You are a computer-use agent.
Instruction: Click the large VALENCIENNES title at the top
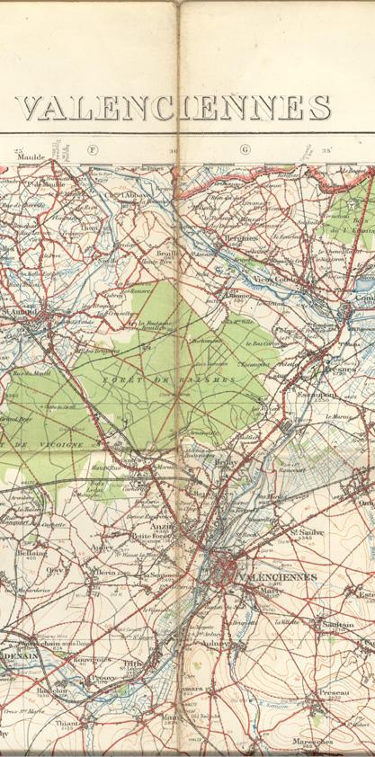click(174, 108)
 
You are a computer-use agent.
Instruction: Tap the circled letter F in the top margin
click(91, 149)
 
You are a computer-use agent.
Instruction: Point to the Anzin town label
click(164, 527)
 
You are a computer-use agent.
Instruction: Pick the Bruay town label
click(226, 461)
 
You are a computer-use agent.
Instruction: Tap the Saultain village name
click(337, 624)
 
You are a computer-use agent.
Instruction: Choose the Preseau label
click(334, 693)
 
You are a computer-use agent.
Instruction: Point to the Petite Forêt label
click(149, 538)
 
